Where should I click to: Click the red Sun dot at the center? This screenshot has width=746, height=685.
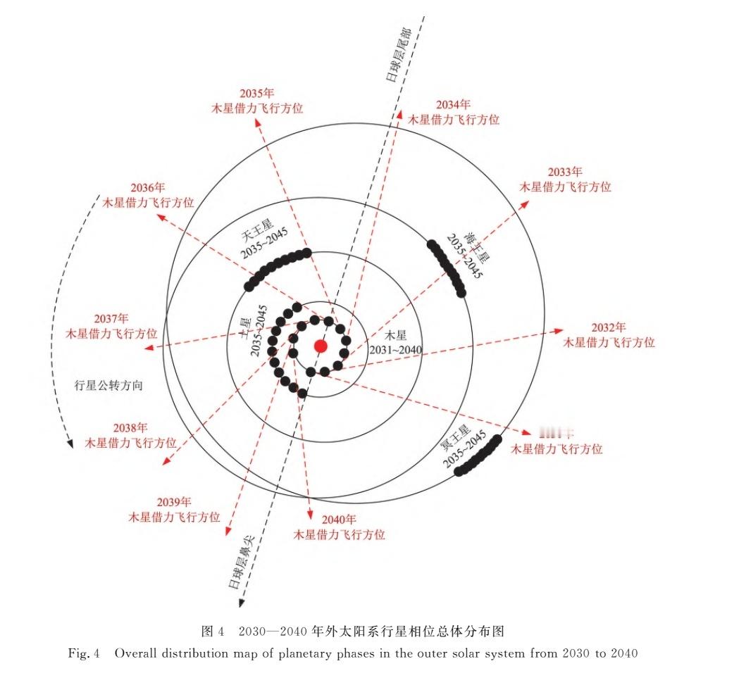click(x=321, y=346)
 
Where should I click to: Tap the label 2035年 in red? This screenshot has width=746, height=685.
click(x=256, y=93)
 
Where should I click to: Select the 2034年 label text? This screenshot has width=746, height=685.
click(x=453, y=104)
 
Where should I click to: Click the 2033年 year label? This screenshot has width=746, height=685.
click(x=565, y=172)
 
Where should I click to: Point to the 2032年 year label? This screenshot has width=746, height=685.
click(x=609, y=327)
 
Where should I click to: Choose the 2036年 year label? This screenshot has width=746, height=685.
click(x=148, y=188)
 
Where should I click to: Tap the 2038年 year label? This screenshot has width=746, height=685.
click(x=130, y=427)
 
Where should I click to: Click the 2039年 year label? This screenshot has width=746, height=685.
click(x=174, y=502)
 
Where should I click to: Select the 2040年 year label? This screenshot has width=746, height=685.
click(x=340, y=520)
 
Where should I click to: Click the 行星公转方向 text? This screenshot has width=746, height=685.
click(x=108, y=385)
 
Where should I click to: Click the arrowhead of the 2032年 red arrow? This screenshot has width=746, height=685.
click(x=559, y=329)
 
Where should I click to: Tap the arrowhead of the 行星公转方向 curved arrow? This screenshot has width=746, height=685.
click(x=70, y=445)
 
